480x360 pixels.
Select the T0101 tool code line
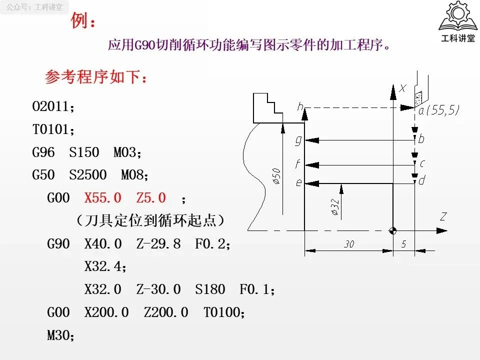[52, 130]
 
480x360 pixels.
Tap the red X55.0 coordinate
[103, 198]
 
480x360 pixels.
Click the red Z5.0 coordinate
[151, 198]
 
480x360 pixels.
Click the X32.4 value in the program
[104, 267]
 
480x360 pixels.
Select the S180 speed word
[209, 289]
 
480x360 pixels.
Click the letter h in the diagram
[300, 106]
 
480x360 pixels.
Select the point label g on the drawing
[298, 140]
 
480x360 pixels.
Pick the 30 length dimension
[349, 244]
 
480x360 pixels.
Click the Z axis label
[443, 217]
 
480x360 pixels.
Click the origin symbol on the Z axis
[393, 231]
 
